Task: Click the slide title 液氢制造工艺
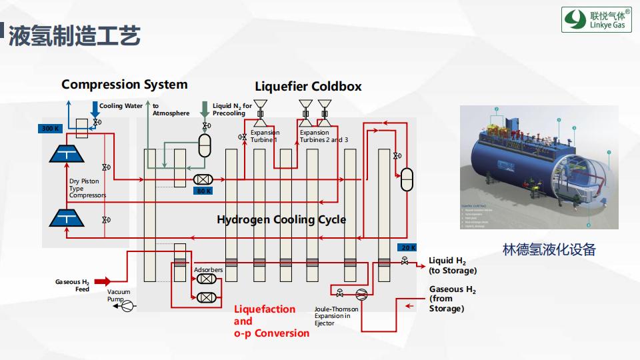pyautogui.click(x=74, y=35)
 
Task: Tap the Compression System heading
pyautogui.click(x=124, y=85)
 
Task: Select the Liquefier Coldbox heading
pyautogui.click(x=308, y=87)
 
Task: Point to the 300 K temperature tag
pyautogui.click(x=51, y=128)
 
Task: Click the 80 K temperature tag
pyautogui.click(x=203, y=191)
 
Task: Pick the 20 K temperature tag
pyautogui.click(x=408, y=247)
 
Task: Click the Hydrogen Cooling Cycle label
pyautogui.click(x=281, y=219)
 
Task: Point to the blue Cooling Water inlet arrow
pyautogui.click(x=94, y=109)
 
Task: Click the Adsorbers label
pyautogui.click(x=208, y=270)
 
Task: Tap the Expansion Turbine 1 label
pyautogui.click(x=265, y=136)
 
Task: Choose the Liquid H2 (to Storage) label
pyautogui.click(x=453, y=265)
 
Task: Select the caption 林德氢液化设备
pyautogui.click(x=549, y=250)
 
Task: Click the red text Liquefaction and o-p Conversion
pyautogui.click(x=271, y=321)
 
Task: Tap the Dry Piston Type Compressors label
pyautogui.click(x=87, y=188)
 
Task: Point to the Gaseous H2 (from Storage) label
pyautogui.click(x=453, y=299)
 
